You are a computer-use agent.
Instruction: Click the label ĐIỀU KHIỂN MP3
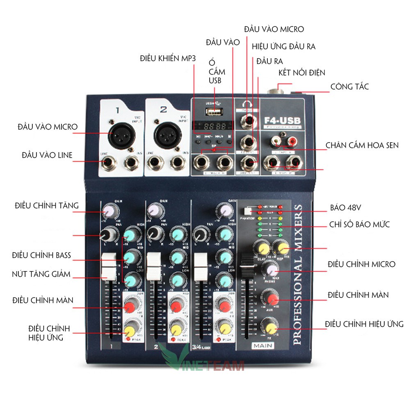(x=168, y=59)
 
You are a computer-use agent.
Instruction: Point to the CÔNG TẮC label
(x=349, y=87)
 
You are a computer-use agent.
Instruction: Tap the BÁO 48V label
(x=345, y=208)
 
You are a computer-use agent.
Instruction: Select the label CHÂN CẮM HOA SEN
(x=362, y=145)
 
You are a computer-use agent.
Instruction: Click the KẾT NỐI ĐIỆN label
(x=301, y=73)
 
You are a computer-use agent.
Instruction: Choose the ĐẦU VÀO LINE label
(x=47, y=155)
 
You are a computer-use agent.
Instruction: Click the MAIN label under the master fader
(x=263, y=346)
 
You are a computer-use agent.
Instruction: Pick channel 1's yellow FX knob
(x=130, y=330)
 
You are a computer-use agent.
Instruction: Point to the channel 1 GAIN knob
(x=109, y=211)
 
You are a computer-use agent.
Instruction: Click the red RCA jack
(x=292, y=142)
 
